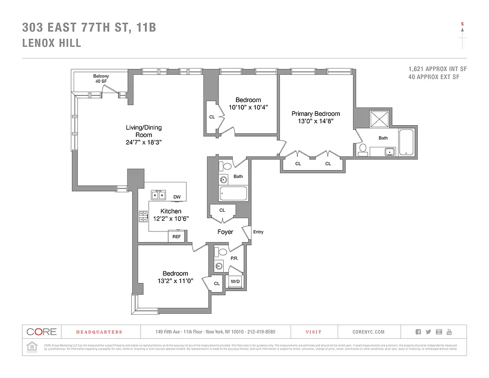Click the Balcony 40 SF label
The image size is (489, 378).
101,79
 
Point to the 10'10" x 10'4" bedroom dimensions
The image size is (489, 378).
248,107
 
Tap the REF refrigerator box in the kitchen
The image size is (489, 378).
176,237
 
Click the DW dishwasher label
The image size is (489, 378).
177,197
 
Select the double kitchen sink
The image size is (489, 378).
158,195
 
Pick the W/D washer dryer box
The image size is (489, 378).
235,282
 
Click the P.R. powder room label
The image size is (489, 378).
234,258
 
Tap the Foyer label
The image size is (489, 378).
225,232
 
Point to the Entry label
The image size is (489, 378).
258,232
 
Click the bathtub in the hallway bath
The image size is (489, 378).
233,194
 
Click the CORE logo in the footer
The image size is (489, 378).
42,332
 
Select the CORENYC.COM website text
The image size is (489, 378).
368,332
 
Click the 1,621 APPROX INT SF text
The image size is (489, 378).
437,69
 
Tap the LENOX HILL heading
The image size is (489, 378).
52,43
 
